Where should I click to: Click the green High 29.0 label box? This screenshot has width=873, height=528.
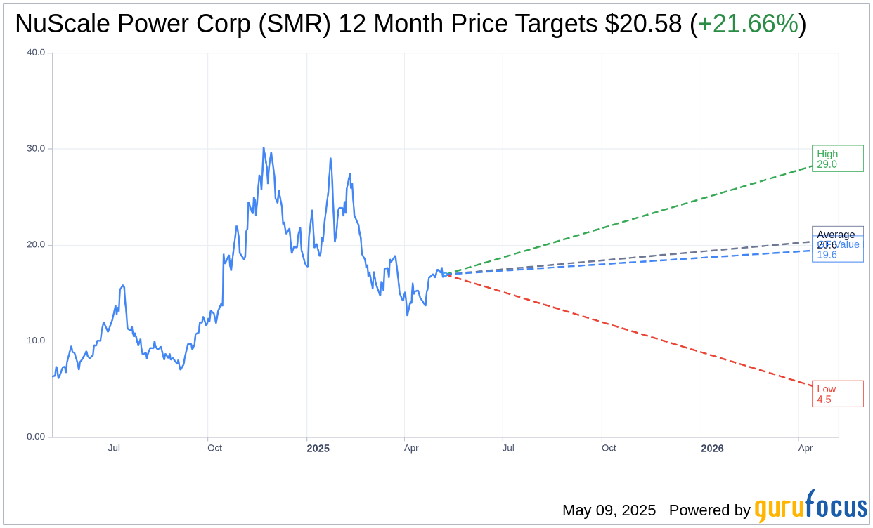(837, 159)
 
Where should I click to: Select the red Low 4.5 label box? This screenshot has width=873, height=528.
(837, 394)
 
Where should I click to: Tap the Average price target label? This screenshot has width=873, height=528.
(836, 234)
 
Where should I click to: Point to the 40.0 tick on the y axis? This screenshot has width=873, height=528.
(35, 53)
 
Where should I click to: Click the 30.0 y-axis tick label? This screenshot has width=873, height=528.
(35, 149)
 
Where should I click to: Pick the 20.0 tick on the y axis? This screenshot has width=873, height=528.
(35, 245)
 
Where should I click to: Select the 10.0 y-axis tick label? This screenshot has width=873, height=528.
(35, 341)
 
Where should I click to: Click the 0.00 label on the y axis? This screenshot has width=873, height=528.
(35, 437)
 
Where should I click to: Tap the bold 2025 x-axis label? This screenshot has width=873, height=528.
(318, 448)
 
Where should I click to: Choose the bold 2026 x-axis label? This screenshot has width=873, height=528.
(712, 448)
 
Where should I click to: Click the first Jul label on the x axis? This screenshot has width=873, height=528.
(114, 448)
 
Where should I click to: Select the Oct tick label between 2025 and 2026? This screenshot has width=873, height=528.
(609, 448)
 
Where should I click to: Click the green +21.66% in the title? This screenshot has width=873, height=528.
(748, 24)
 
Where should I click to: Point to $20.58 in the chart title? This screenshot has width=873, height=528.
(643, 24)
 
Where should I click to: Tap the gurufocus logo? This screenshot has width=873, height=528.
(810, 507)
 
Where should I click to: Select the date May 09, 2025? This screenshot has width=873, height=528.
(609, 510)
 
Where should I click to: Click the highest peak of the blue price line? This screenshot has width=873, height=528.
(264, 147)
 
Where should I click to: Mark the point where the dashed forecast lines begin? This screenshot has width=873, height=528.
(445, 274)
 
